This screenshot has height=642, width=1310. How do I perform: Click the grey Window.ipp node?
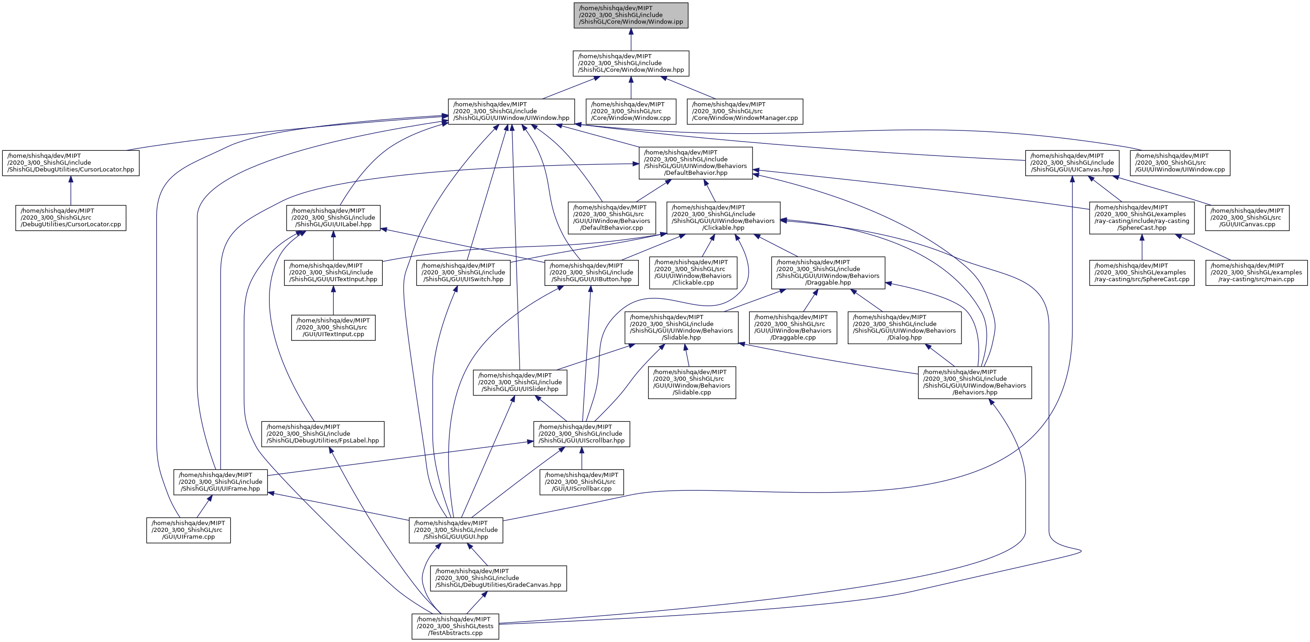(631, 15)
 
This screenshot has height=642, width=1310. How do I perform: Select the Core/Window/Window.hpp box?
(631, 63)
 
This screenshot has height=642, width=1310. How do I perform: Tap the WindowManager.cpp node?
(745, 111)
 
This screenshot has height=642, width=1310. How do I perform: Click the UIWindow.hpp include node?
(511, 111)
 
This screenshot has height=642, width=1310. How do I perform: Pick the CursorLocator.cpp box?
(71, 218)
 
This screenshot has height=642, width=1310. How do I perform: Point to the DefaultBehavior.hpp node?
(695, 163)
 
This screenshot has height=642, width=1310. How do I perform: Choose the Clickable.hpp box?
(723, 218)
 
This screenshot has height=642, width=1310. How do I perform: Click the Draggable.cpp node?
(792, 327)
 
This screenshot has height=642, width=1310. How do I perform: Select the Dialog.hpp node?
(904, 327)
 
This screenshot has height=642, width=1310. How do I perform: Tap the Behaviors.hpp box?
(974, 383)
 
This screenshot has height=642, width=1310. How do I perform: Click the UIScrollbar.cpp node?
(581, 482)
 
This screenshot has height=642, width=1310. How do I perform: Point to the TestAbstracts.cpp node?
(455, 627)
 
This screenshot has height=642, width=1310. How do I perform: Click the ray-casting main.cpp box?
(1256, 273)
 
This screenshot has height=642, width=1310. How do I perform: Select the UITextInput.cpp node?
(333, 327)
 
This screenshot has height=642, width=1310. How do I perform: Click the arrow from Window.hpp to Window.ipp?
(631, 40)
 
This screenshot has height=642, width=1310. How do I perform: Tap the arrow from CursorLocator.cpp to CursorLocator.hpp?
(71, 191)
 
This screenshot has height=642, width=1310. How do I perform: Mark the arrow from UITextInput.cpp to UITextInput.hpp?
(333, 301)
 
